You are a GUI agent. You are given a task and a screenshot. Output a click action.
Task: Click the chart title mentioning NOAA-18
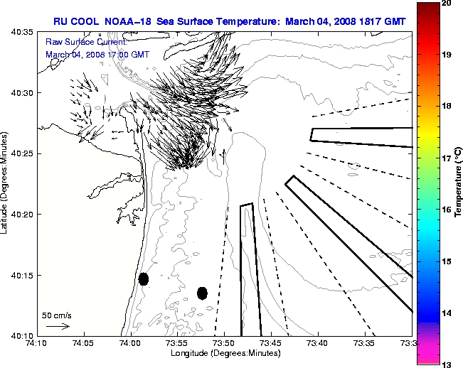click(229, 21)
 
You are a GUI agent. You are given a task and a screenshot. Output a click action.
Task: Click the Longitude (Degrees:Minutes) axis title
click(224, 354)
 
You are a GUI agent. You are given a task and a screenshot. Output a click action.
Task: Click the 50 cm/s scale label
click(57, 315)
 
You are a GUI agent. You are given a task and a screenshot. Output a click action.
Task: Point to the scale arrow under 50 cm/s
click(57, 326)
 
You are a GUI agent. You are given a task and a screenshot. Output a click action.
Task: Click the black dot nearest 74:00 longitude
click(144, 278)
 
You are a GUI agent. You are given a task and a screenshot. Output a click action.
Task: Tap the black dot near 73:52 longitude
click(202, 293)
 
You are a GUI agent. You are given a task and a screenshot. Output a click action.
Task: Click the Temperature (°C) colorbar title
click(459, 183)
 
